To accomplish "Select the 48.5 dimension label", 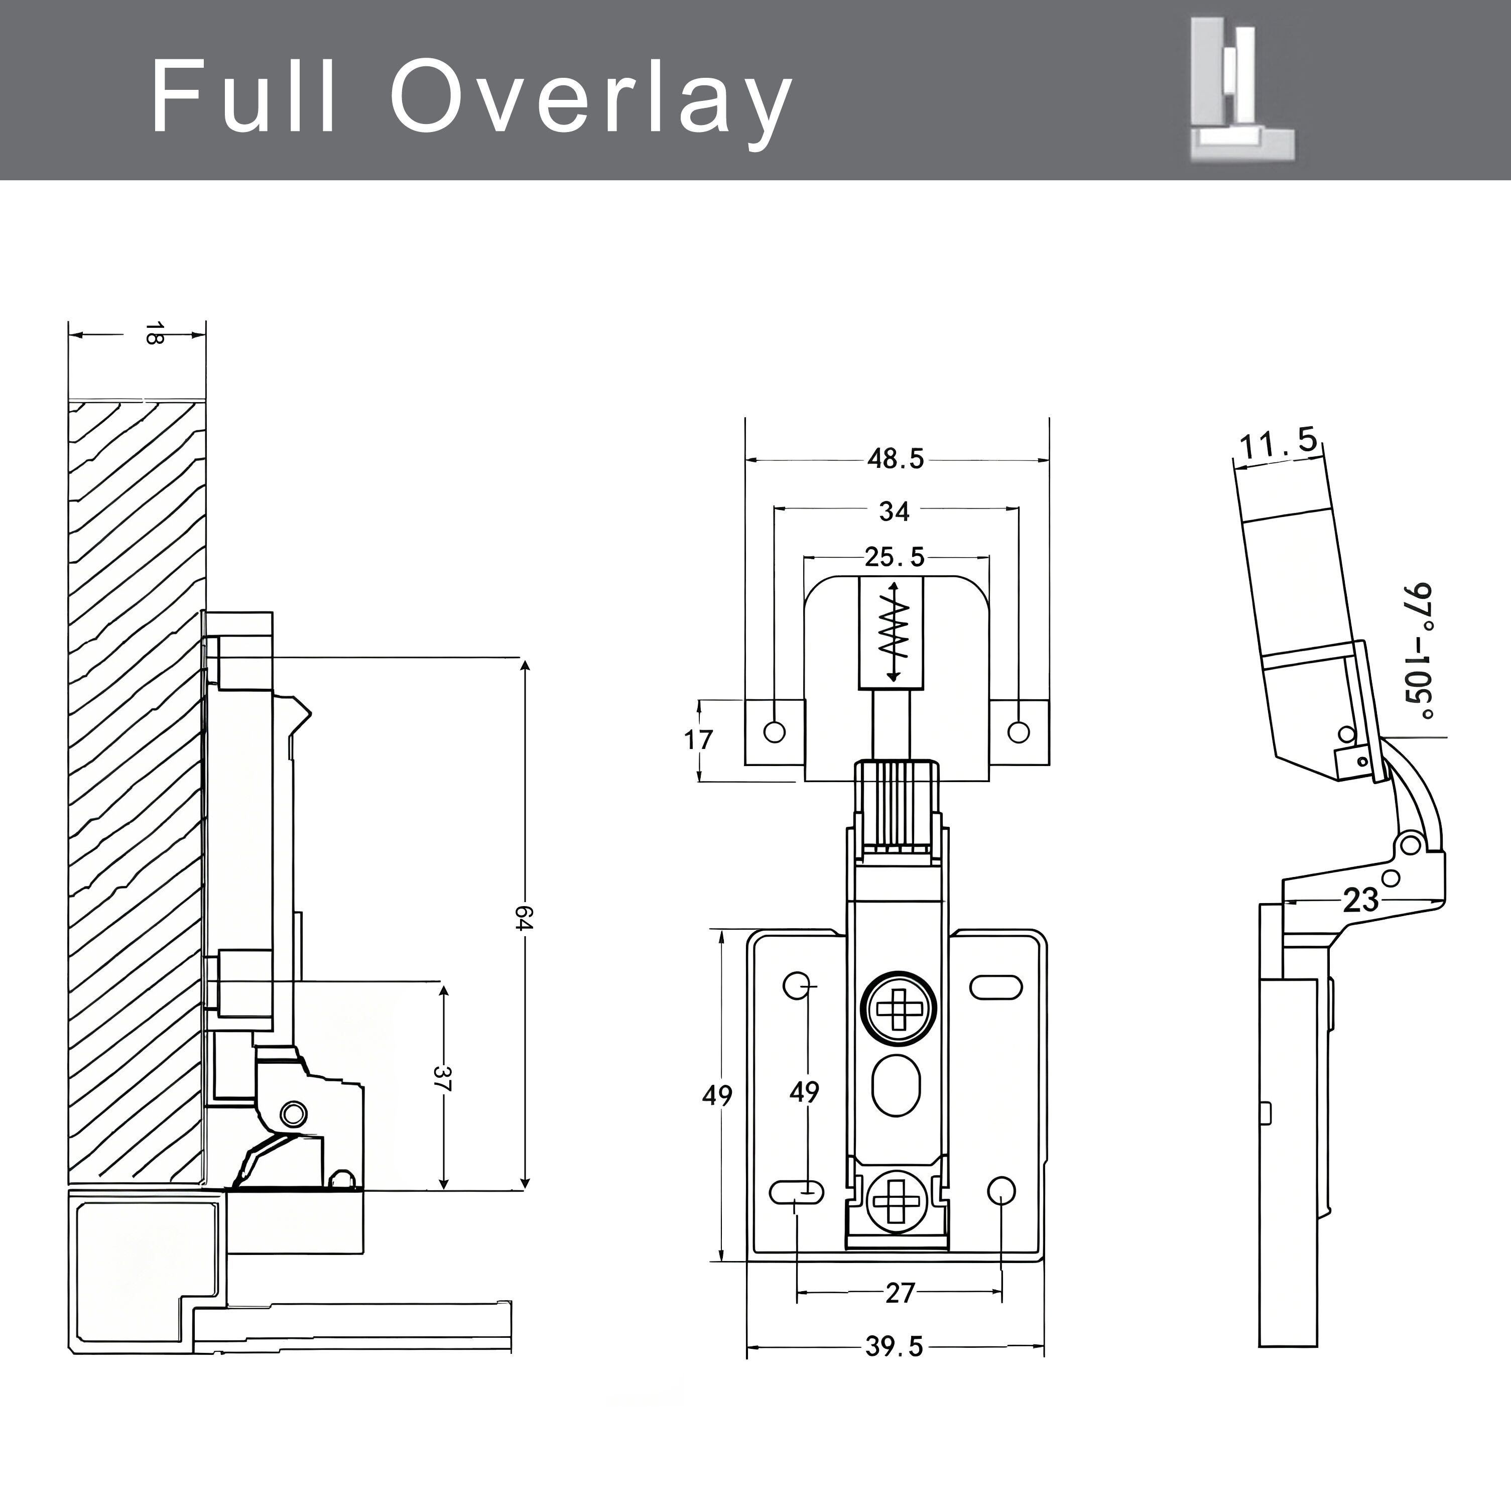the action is (896, 458).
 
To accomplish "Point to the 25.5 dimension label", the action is (895, 557).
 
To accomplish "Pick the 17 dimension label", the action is (698, 739).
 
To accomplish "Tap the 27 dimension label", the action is (900, 1293).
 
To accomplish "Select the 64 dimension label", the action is (524, 918).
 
